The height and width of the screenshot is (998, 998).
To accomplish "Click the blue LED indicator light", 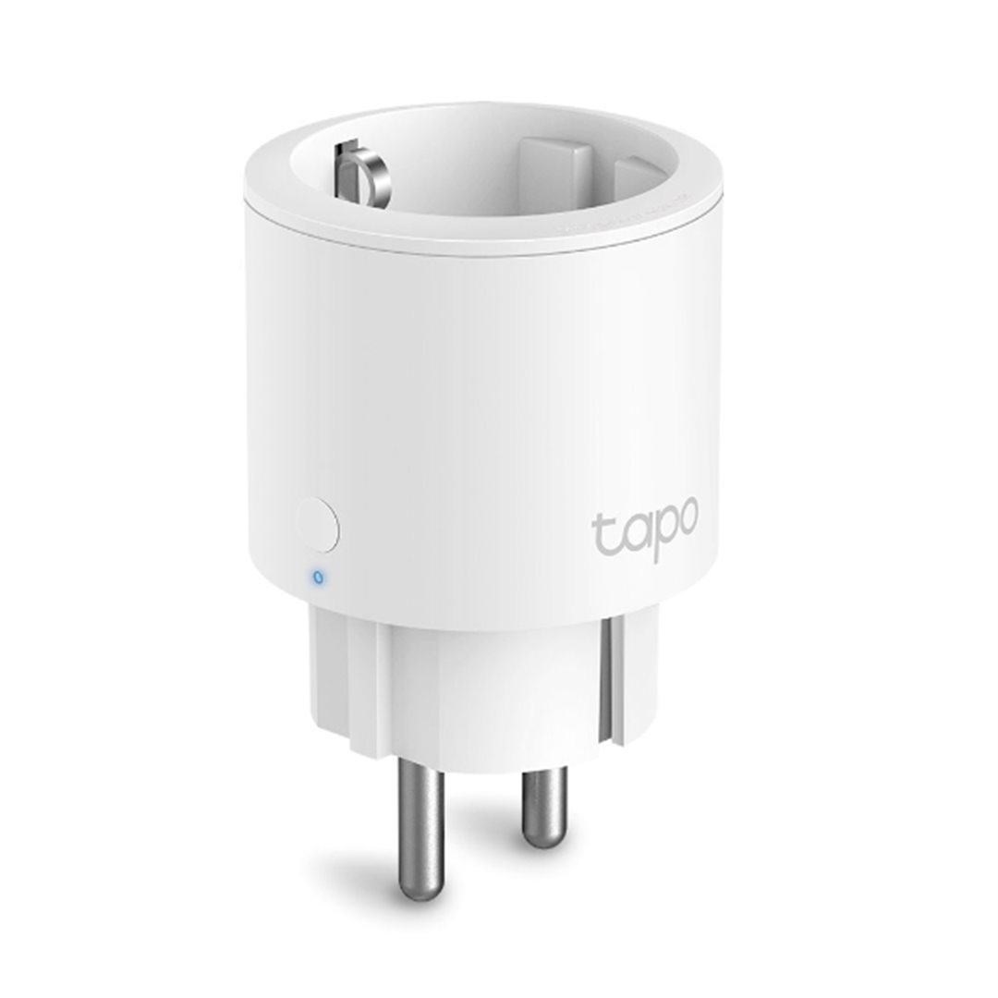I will [x=319, y=578].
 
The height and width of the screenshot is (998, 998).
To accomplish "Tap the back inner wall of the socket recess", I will [x=444, y=152].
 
